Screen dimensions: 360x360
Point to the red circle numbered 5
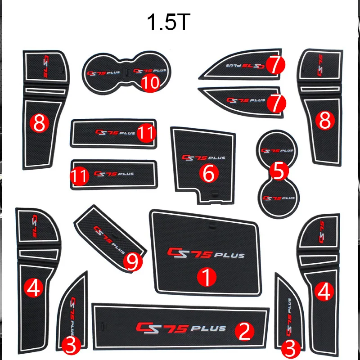278,171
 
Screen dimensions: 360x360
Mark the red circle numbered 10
149,83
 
